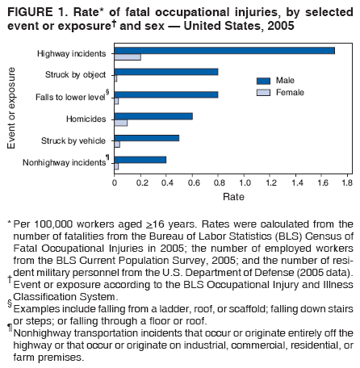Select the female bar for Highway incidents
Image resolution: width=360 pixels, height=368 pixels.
(x=128, y=56)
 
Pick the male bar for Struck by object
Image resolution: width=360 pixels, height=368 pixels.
(x=166, y=72)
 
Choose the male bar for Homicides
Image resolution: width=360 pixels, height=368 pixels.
(x=153, y=115)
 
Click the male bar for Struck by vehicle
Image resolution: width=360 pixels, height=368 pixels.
(x=147, y=137)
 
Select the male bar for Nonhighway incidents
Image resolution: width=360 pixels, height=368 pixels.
(x=140, y=159)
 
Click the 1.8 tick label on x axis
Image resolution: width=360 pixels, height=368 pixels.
(x=348, y=184)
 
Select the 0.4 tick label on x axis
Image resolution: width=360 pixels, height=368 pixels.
(x=167, y=184)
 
